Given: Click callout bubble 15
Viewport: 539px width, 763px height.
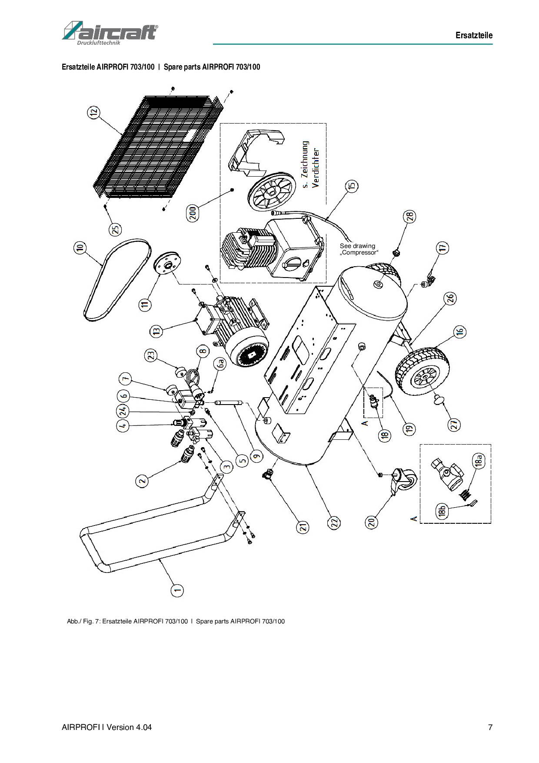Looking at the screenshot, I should [352, 186].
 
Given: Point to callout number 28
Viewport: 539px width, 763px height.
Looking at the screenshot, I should [410, 216].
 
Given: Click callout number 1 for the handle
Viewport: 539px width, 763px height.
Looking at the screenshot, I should [177, 590].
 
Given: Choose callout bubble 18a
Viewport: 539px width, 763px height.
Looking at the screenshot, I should [478, 461].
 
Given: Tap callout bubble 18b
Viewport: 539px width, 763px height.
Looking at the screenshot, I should [443, 512].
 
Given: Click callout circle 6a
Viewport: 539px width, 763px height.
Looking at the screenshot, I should [221, 364].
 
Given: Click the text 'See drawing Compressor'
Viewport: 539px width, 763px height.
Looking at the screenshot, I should [359, 249].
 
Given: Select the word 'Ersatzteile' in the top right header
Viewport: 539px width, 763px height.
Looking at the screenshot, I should [474, 35].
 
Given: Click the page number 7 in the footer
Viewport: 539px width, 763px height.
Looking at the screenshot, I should [490, 727].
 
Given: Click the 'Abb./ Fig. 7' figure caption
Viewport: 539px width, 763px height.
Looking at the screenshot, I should [176, 621].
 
